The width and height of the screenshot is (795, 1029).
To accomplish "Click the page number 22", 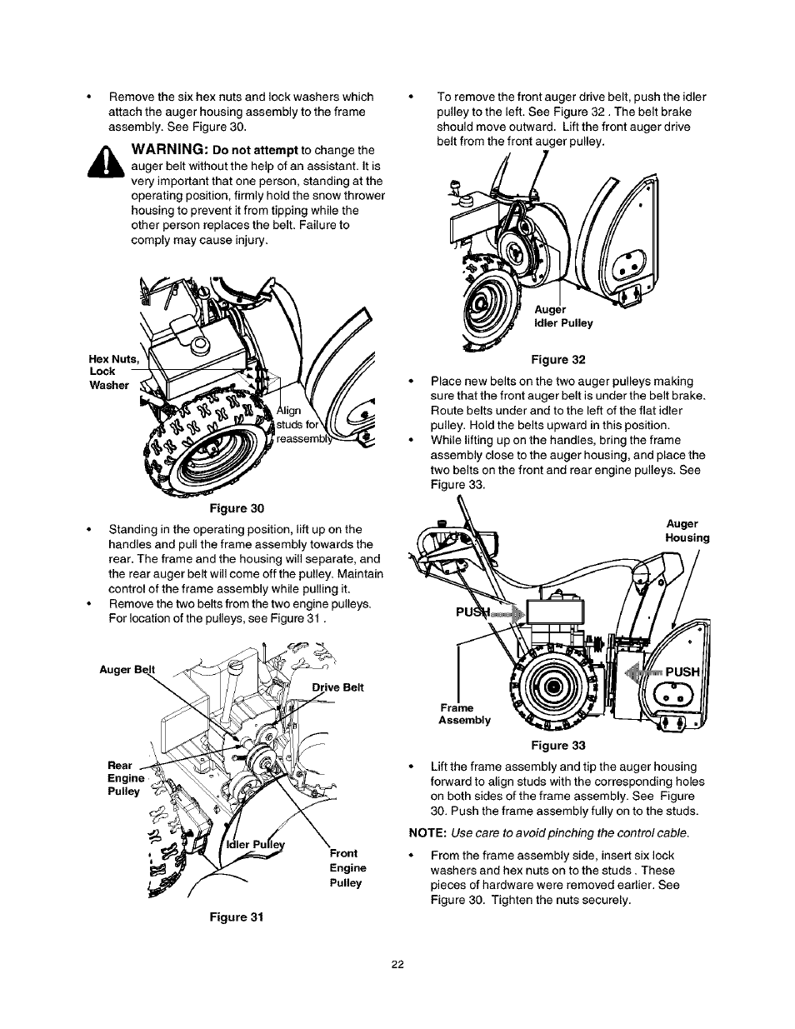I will click(397, 964).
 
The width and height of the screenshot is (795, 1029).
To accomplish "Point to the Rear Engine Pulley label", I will click(124, 778).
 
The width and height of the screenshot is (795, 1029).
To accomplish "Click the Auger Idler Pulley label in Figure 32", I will click(563, 316).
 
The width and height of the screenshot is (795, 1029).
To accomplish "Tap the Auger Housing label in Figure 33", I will click(687, 531).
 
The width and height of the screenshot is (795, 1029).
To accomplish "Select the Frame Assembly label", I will click(464, 714).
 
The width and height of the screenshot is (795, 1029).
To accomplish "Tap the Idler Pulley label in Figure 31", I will click(257, 843).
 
